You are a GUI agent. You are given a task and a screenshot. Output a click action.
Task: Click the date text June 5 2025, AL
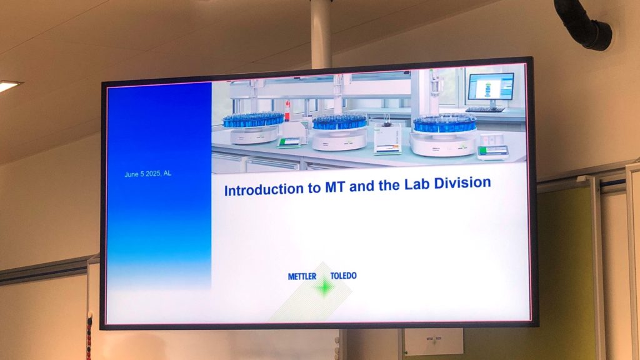point(147,174)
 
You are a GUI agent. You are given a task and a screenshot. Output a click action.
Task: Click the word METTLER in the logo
point(302,277)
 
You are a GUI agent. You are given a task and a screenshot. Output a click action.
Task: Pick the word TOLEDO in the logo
point(343,276)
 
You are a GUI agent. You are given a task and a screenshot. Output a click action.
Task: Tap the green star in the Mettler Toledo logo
point(324,287)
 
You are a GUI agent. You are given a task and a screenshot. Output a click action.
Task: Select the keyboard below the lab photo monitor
point(485,109)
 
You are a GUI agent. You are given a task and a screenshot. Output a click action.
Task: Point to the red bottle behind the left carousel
point(287,110)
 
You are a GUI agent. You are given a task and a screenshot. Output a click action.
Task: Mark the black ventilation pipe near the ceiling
point(582,24)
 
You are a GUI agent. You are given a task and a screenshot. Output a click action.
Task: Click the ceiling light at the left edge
point(8,85)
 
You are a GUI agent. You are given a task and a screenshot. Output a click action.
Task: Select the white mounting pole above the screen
point(321,34)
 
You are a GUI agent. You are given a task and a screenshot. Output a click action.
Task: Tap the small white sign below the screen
point(434,341)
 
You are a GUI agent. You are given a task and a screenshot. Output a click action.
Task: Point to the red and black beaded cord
point(89,336)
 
